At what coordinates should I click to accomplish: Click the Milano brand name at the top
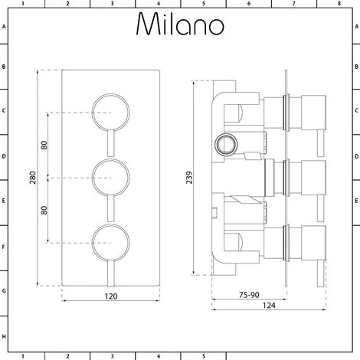tap(180, 25)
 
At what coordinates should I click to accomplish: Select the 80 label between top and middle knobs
tap(44, 144)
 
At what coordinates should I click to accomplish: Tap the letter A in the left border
tap(5, 27)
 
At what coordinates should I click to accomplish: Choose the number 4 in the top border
tap(159, 4)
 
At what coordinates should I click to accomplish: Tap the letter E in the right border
tap(355, 203)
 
